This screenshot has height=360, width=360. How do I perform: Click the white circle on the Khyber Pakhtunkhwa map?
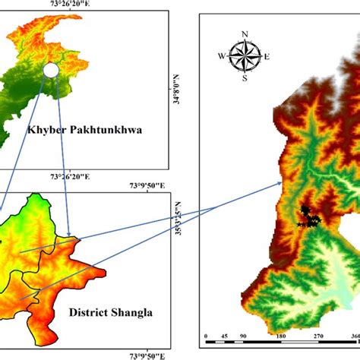[x=51, y=71]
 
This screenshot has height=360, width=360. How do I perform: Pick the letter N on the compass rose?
[x=245, y=33]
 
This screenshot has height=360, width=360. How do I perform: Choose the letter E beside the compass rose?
[x=267, y=55]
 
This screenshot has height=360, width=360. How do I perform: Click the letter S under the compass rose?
[x=245, y=77]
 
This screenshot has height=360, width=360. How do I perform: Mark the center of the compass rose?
[x=245, y=55]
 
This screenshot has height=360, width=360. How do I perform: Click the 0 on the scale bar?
[x=207, y=335]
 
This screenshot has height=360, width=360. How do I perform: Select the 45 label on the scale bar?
[x=224, y=335]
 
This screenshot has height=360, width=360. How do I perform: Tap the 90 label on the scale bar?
[x=242, y=335]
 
